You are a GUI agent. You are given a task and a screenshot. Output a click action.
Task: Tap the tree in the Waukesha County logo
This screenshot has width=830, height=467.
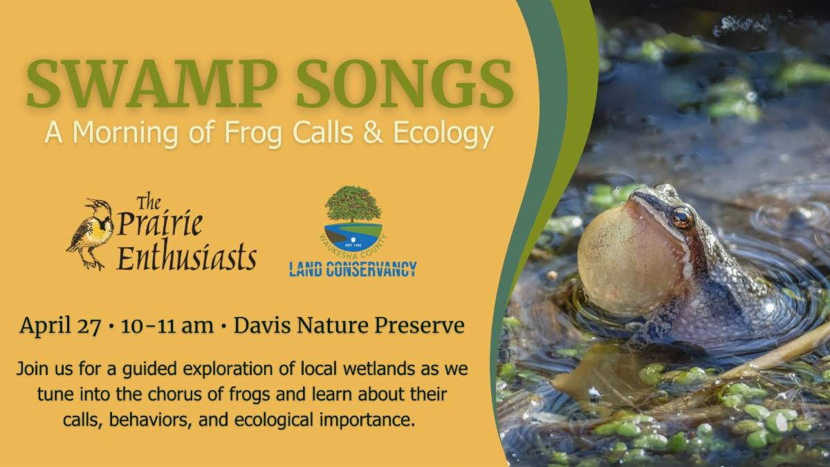point(352,205)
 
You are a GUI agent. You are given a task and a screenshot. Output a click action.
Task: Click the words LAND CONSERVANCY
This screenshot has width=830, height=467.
point(352,268)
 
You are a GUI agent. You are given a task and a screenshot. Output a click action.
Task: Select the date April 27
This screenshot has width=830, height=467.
point(60,325)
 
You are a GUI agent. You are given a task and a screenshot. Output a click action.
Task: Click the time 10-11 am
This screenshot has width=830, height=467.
point(167,325)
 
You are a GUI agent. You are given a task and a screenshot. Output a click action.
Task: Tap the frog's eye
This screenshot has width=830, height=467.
point(681,218)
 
